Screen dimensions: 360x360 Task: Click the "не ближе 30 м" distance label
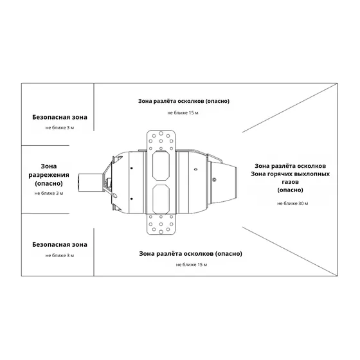tap(292, 203)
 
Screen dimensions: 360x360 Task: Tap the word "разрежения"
tap(49, 175)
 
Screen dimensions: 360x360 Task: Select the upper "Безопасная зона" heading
tap(60, 117)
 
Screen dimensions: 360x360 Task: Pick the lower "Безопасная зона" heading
tap(60, 245)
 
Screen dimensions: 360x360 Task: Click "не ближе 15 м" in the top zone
tap(183, 113)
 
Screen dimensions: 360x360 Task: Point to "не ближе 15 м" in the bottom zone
tap(192, 265)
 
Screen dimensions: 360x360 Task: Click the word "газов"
tap(290, 182)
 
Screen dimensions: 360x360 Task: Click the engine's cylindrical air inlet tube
tap(91, 183)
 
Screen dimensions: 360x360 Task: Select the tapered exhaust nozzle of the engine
tap(224, 183)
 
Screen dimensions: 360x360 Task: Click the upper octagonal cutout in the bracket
tap(161, 165)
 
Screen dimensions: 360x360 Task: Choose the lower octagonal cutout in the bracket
tap(161, 199)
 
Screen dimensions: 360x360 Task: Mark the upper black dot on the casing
tap(132, 168)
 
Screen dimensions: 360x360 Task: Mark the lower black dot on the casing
tap(132, 199)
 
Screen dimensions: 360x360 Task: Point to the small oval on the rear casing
tap(195, 170)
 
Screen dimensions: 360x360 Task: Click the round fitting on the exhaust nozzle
tap(214, 179)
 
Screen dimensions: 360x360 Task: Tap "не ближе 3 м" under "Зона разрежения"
tap(49, 194)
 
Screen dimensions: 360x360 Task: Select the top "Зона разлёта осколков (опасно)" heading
tap(184, 102)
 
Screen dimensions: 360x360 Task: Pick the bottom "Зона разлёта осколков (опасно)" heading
tap(190, 254)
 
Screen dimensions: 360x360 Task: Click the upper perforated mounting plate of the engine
tap(161, 141)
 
